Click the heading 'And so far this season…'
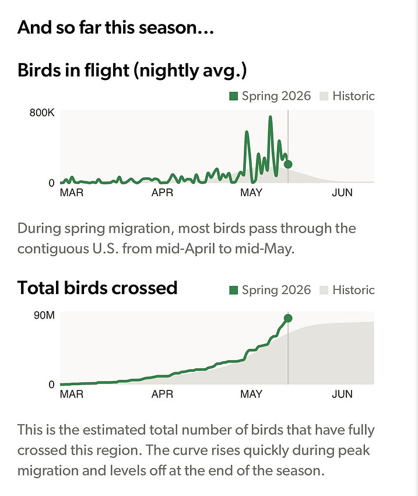click(x=115, y=27)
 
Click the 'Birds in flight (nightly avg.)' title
click(x=132, y=70)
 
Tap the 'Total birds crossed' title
click(x=97, y=288)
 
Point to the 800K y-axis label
click(x=42, y=113)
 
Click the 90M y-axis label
click(x=44, y=315)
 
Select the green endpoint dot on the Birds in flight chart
click(x=288, y=164)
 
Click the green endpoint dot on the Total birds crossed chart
click(x=288, y=318)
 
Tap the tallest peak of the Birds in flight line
click(x=271, y=117)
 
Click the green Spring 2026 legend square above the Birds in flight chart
click(x=234, y=96)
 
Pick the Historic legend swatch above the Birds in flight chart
click(x=324, y=96)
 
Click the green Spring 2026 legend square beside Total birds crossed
click(x=234, y=290)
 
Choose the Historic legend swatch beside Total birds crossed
click(x=324, y=290)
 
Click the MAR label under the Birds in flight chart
click(x=72, y=193)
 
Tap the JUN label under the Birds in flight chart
click(x=342, y=193)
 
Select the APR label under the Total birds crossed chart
click(x=163, y=394)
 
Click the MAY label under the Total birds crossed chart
click(x=251, y=394)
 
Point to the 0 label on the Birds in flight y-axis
click(x=51, y=183)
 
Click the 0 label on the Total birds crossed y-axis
click(x=51, y=385)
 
